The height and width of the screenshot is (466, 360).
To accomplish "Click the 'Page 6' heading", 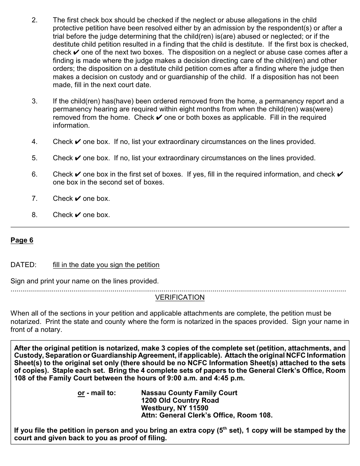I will point(22,240).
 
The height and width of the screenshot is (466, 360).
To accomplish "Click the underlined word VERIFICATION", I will point(180,297).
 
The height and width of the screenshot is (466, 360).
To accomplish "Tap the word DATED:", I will point(23,265).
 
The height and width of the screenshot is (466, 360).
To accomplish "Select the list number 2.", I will point(34,20).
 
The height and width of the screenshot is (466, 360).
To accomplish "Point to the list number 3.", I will point(34,101).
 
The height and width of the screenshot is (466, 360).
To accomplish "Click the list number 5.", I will point(34,158).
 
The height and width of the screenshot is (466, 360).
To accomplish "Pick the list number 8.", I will point(34,215).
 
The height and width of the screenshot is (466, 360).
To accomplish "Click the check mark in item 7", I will point(78,199).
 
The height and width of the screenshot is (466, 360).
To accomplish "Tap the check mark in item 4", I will point(78,142).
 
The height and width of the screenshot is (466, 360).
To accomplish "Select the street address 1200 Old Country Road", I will point(180,400).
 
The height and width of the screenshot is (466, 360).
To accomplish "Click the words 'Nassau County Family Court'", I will point(189,393).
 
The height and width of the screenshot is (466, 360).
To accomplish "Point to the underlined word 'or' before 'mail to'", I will point(81,393).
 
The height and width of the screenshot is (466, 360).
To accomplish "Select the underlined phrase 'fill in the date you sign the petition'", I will point(106,265).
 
